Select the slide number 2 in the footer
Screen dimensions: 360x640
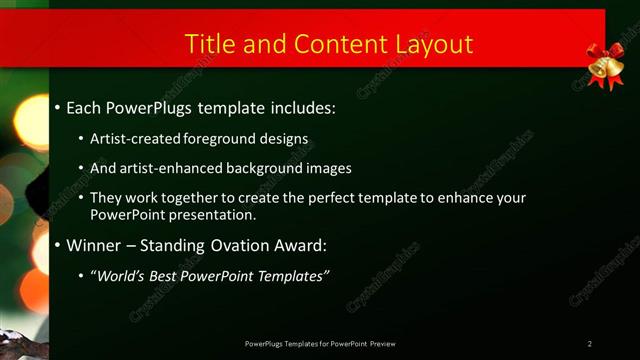pos(590,344)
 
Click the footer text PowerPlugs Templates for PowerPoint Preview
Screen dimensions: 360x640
pos(326,344)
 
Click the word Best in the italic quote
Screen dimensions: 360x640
pos(169,275)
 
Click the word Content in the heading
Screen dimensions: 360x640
pos(331,44)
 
